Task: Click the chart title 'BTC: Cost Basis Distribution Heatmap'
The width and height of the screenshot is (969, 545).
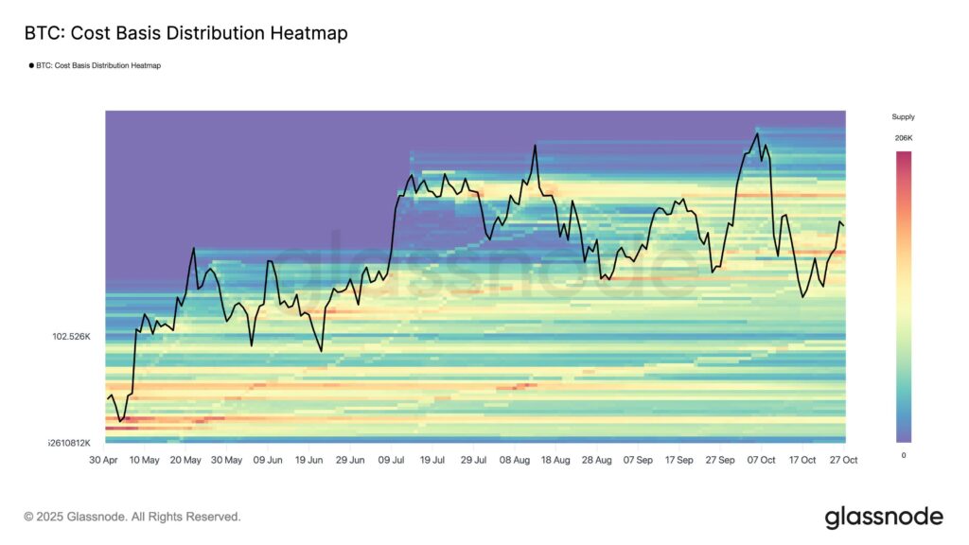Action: [x=185, y=34]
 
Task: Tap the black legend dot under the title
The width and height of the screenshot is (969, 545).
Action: [x=31, y=65]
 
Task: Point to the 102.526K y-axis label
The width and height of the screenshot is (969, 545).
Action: [x=71, y=336]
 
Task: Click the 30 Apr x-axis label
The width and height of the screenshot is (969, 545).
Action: [x=104, y=460]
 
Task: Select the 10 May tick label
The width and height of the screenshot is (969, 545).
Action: [x=145, y=460]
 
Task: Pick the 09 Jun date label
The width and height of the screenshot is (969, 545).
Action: [x=268, y=460]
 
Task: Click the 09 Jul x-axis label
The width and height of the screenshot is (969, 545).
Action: [x=391, y=460]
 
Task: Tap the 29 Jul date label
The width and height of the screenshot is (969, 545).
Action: [x=473, y=460]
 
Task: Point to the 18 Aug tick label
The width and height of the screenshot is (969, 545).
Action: [x=556, y=460]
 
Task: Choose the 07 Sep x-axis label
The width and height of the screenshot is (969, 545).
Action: [x=638, y=460]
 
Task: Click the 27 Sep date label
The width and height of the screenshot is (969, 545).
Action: [x=720, y=460]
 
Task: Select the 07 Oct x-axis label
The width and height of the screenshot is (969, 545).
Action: [x=762, y=460]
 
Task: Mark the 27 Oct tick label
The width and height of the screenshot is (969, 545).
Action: [x=843, y=460]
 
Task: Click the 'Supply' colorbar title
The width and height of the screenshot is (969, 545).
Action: [x=903, y=117]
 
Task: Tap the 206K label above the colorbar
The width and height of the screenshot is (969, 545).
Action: [x=903, y=138]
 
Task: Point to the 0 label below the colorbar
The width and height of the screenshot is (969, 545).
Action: [x=903, y=455]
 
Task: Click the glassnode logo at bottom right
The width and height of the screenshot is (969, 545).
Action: [x=884, y=517]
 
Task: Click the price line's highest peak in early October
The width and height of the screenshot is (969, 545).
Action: [x=757, y=133]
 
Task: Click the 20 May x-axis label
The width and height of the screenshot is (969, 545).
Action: [x=185, y=460]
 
